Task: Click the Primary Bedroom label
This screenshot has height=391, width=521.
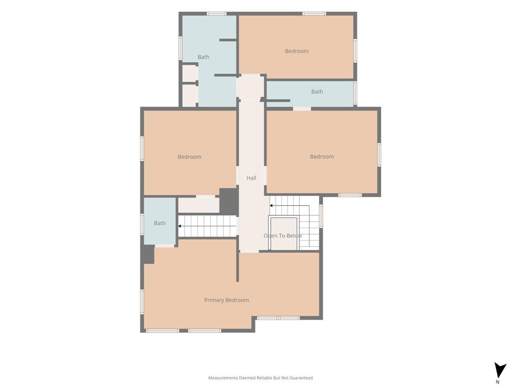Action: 226,300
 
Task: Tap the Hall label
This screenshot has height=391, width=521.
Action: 251,178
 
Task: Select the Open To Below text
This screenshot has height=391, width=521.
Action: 283,235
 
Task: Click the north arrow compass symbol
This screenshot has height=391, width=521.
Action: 500,372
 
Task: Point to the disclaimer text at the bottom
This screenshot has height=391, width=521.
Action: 260,378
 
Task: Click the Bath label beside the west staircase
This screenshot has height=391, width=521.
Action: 159,223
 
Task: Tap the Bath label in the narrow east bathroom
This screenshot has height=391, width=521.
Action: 317,92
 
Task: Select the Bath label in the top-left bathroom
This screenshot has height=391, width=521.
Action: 204,57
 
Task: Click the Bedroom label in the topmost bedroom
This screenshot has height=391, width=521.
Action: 297,51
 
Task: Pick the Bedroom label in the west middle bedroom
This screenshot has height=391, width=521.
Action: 189,157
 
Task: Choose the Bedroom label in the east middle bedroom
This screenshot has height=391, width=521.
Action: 322,156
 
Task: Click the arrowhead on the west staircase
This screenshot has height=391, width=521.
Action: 180,226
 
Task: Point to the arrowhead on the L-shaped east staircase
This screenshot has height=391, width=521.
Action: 271,206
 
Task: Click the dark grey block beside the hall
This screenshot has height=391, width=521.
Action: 228,201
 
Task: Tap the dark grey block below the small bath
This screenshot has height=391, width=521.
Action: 148,255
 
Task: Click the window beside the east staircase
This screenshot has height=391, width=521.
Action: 321,216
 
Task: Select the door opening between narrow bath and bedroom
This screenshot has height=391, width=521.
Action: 302,108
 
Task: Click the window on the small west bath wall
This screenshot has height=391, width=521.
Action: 142,224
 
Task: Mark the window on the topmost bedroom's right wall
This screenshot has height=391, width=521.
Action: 355,50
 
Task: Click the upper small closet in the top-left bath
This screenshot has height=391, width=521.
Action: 190,73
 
